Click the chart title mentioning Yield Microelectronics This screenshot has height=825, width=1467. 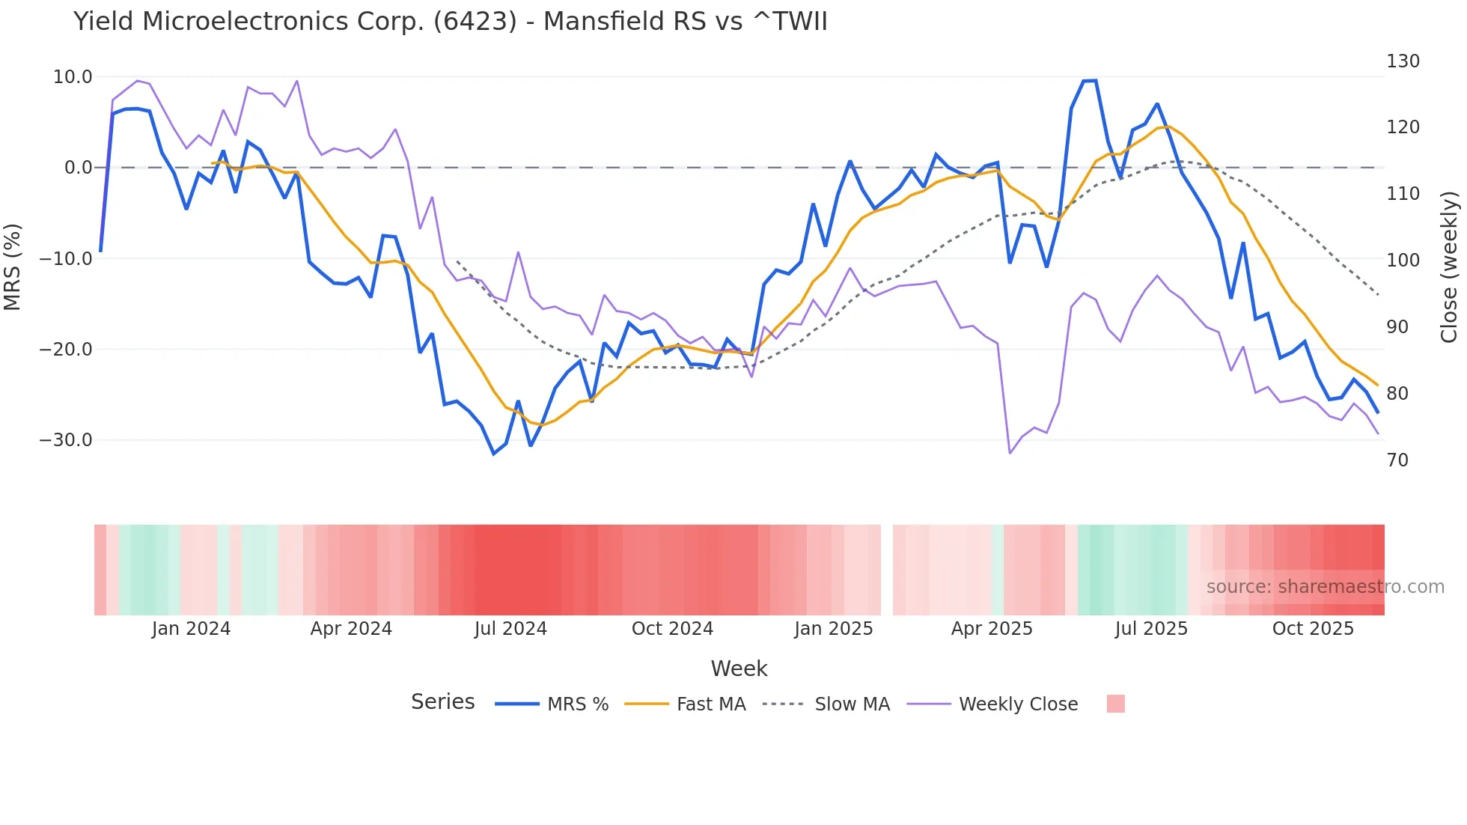[x=450, y=22]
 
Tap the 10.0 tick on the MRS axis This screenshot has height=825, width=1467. [x=73, y=77]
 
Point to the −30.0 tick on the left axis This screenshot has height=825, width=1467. [x=66, y=440]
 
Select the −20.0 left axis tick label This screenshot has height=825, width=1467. [x=66, y=350]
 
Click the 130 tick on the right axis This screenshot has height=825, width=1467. [x=1403, y=61]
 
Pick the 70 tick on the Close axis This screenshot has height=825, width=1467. [x=1397, y=460]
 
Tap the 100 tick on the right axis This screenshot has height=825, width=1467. [x=1403, y=261]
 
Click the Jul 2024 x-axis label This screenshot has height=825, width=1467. [x=510, y=629]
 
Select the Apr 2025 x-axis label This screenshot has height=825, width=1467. [x=992, y=629]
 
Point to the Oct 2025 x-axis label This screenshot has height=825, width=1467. [x=1313, y=629]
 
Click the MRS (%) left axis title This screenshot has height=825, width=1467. [x=13, y=267]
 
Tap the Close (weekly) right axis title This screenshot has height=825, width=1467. [x=1450, y=267]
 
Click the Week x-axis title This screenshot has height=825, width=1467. [x=739, y=669]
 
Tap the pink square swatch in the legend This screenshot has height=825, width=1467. [x=1115, y=704]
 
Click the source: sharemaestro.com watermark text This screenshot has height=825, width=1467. [x=1325, y=587]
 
